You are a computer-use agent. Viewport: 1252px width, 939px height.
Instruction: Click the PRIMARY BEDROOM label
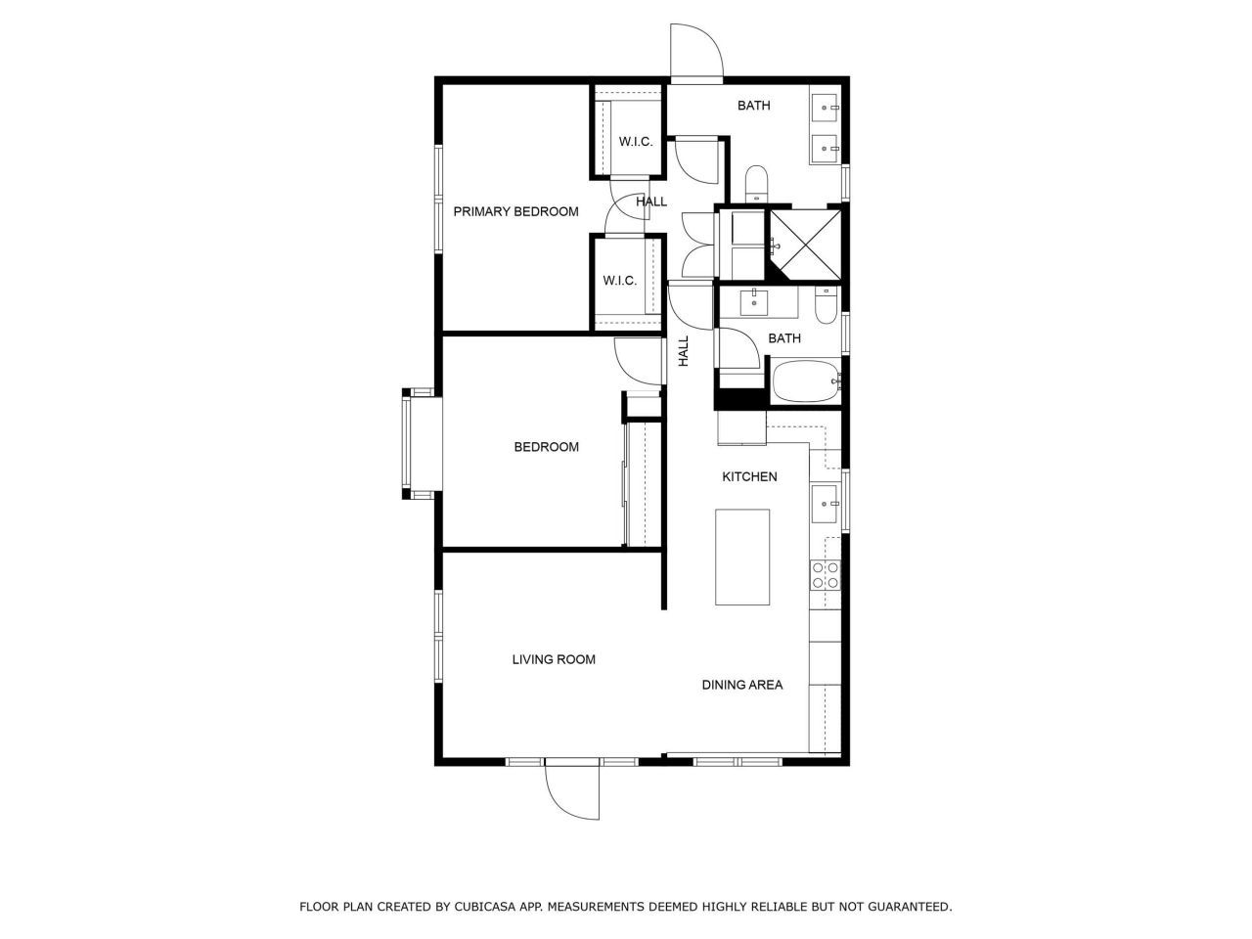[x=515, y=211]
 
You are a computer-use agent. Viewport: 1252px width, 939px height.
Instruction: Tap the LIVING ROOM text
[x=554, y=659]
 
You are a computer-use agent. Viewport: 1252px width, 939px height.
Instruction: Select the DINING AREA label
[x=741, y=685]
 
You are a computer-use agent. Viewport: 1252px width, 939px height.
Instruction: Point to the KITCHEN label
[x=749, y=476]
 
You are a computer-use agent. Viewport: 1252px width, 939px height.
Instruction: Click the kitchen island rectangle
[x=742, y=557]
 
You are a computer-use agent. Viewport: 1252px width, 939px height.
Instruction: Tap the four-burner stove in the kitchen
[x=825, y=574]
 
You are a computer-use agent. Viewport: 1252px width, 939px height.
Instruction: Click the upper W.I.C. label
[x=635, y=142]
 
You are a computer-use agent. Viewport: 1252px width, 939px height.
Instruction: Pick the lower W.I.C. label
[x=619, y=281]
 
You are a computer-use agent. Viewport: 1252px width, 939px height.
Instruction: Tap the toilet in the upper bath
[x=756, y=183]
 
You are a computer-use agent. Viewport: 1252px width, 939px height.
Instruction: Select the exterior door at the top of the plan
[x=696, y=51]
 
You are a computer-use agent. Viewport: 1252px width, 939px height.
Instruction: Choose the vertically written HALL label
[x=684, y=351]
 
